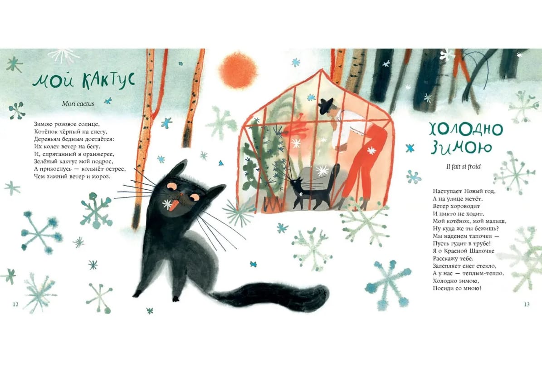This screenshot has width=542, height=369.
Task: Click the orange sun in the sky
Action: tap(238, 70)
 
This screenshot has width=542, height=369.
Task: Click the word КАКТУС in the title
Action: tap(108, 81)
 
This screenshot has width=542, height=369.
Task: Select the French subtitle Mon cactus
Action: tap(78, 103)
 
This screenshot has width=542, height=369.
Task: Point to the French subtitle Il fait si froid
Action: tap(463, 166)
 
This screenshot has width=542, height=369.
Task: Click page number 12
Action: tap(15, 305)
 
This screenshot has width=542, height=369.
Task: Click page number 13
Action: tap(527, 305)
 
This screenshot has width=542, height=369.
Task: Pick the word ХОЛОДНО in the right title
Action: tap(465, 130)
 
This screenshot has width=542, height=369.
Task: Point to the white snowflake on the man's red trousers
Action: tap(371, 150)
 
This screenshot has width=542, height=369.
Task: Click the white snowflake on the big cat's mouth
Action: tap(167, 204)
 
